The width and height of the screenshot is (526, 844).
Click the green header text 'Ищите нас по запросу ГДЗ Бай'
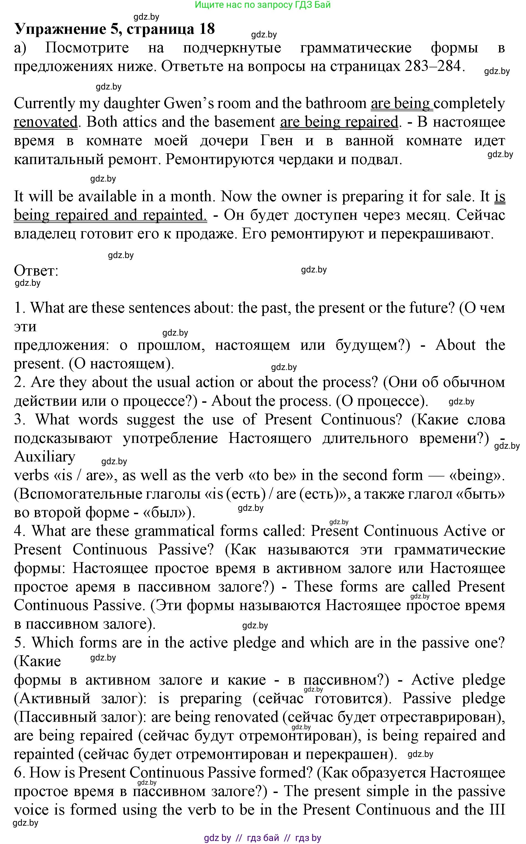tap(263, 5)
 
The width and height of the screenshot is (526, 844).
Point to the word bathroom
tap(336, 104)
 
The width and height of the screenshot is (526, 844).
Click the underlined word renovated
tap(45, 122)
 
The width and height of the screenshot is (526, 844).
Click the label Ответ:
tap(36, 271)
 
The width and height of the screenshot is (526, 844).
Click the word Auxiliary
tap(45, 457)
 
